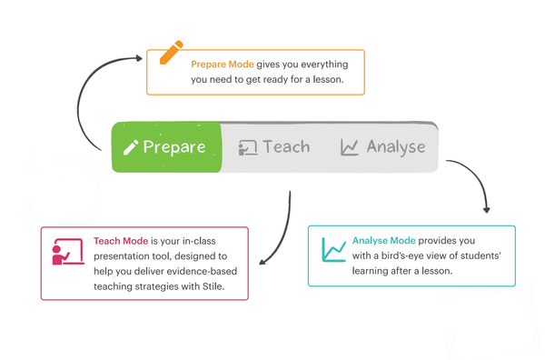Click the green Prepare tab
tap(165, 146)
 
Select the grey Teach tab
tap(274, 146)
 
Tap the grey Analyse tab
tap(382, 146)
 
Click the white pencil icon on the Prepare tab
tap(131, 147)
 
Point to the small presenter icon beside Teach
tap(247, 148)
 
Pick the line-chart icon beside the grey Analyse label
tap(350, 147)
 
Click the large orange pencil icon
tap(171, 53)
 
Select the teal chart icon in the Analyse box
tap(333, 249)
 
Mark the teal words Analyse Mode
tap(384, 241)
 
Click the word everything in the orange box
tap(312, 65)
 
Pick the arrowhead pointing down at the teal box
tap(486, 208)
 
